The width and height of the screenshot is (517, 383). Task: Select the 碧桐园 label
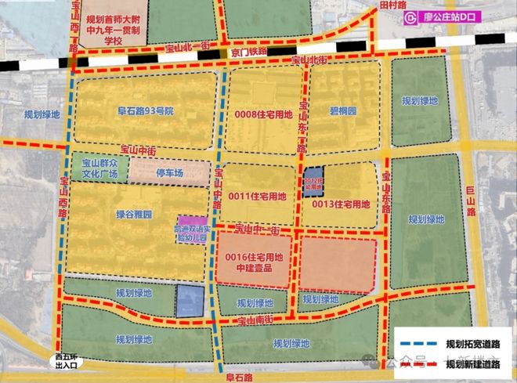coord(342,111)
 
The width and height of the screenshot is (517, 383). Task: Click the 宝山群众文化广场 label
coord(100,169)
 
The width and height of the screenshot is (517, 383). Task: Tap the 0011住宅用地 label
coord(258,195)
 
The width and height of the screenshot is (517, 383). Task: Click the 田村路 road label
coord(389,5)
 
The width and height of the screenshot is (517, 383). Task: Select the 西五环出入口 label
coord(67,360)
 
